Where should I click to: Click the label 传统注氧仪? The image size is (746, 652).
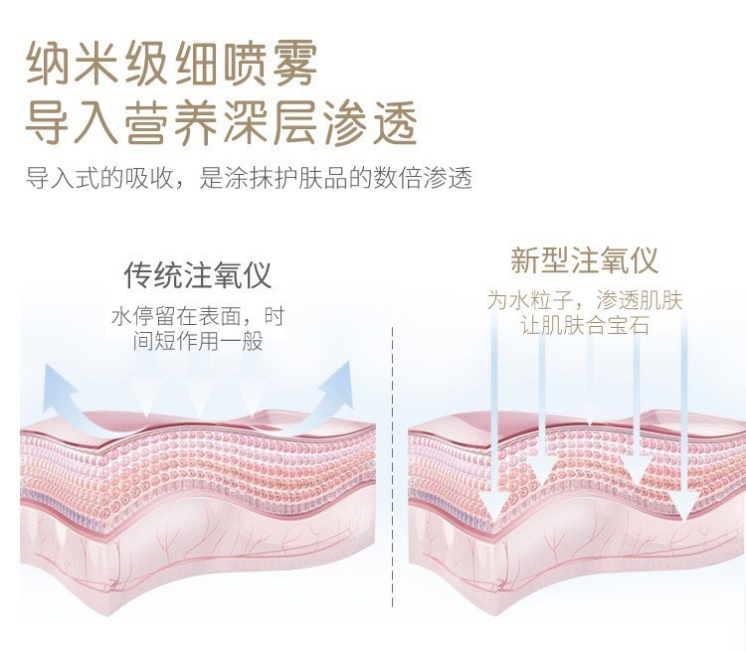198,275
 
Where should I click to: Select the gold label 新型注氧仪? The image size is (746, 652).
584,261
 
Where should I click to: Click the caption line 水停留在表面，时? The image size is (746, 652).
198,318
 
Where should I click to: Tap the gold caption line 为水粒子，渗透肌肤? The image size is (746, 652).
584,300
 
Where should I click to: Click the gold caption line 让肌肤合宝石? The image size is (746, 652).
584,325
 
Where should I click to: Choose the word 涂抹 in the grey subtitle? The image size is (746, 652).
248,179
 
